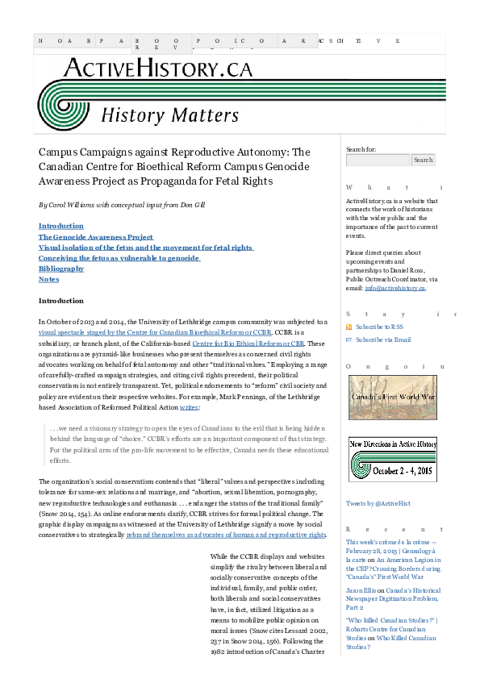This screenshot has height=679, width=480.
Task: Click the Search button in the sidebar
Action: coord(424,160)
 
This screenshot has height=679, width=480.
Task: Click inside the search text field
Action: coord(378,160)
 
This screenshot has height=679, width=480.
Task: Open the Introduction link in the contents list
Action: coord(61,227)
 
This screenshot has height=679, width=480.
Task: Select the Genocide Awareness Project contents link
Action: coord(96,237)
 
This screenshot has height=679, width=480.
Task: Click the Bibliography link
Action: coord(61,269)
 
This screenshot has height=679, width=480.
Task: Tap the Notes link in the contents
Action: coord(48,279)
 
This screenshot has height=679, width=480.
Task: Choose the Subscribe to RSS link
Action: coord(380,327)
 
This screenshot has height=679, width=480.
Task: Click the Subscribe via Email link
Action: coord(382,339)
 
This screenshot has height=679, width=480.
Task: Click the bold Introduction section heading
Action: coord(61,301)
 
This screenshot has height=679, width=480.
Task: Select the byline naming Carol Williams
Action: coord(122,205)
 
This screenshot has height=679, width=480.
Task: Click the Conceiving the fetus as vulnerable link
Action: coord(119,258)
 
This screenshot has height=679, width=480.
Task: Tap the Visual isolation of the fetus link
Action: coord(145,248)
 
